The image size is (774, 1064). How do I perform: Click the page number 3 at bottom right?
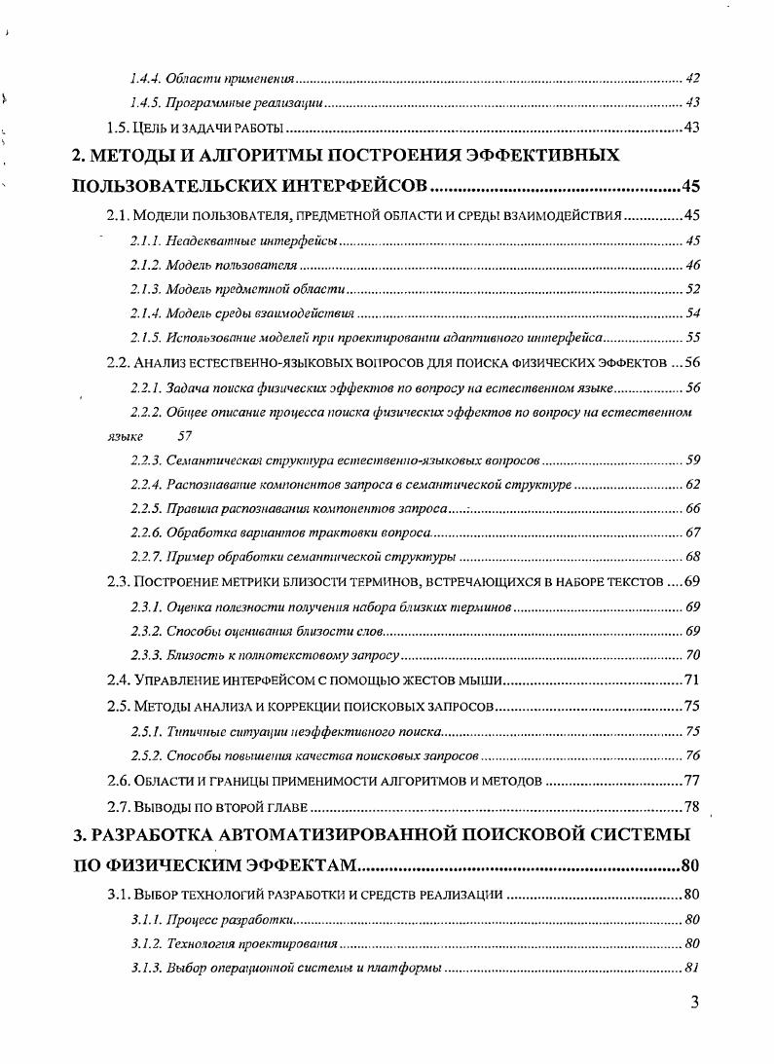pos(694,1004)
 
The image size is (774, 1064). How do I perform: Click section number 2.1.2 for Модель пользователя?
pos(145,265)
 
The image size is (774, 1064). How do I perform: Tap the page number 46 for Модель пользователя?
pos(692,265)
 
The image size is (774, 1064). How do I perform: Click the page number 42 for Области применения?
pos(692,78)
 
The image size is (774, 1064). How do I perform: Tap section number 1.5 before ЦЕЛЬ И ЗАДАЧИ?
pos(118,128)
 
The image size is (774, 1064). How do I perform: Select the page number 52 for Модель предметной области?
pos(692,289)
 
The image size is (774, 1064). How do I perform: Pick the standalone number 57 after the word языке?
pos(185,437)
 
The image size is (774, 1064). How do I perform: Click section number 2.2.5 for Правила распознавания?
pos(145,508)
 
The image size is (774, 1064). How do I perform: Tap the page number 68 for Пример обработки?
pos(692,557)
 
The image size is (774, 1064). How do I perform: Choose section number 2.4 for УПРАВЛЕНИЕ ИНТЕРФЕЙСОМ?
pos(118,679)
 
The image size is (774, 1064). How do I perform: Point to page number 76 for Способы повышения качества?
pos(692,755)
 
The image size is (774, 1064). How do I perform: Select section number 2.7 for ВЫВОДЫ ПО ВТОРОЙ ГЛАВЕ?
pos(118,806)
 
